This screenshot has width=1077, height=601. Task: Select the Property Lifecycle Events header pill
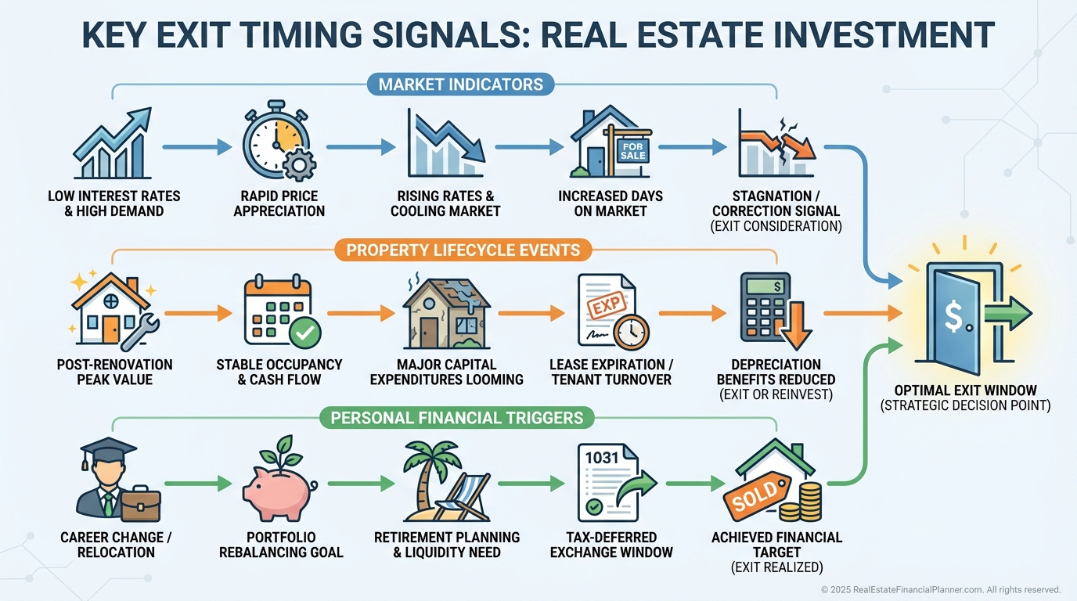(463, 250)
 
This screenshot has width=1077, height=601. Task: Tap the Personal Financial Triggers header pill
(457, 417)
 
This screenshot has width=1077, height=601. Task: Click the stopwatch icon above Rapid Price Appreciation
(276, 142)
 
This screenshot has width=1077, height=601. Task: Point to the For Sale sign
(632, 150)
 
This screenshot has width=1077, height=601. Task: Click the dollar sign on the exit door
(954, 315)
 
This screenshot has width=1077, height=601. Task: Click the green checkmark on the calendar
(304, 334)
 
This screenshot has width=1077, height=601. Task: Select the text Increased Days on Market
(611, 203)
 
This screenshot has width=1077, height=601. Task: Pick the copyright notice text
(940, 589)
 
